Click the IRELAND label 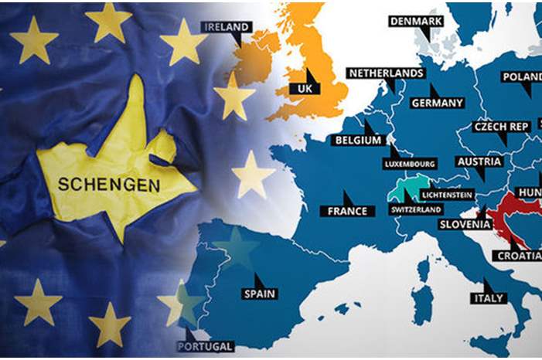tap(227, 26)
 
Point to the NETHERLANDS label tap(387, 73)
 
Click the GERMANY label tap(438, 103)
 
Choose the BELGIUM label tap(358, 141)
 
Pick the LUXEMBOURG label tap(410, 164)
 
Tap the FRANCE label tap(346, 211)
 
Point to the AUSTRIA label tap(479, 161)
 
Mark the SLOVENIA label tap(465, 225)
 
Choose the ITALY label tap(488, 298)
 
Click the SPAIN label tap(260, 294)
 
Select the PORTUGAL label tap(206, 346)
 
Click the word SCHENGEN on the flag tap(109, 185)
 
